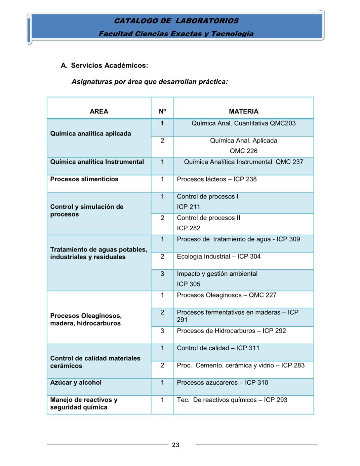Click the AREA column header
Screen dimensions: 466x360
tap(99, 111)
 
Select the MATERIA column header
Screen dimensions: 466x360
tap(243, 111)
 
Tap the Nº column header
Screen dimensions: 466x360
tap(162, 111)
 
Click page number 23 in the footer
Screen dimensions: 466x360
tap(175, 445)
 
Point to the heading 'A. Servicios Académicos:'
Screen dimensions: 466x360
tap(104, 65)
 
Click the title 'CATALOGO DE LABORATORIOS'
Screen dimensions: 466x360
tap(176, 21)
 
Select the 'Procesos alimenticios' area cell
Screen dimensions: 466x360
tap(84, 179)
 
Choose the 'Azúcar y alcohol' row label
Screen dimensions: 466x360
tap(76, 383)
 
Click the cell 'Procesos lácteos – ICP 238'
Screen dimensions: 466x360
tap(216, 179)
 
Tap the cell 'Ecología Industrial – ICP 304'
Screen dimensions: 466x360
tap(218, 257)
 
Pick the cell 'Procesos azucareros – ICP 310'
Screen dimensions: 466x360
tap(223, 383)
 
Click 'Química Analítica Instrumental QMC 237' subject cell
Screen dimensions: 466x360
tap(243, 162)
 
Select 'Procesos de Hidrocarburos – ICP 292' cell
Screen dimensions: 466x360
tap(231, 331)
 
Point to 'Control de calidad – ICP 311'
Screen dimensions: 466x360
tap(218, 348)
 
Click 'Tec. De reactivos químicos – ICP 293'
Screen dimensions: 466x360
tap(232, 400)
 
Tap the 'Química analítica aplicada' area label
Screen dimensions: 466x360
tap(90, 133)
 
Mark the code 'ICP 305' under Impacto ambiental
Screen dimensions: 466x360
tap(189, 284)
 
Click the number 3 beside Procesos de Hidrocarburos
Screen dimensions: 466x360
tap(162, 331)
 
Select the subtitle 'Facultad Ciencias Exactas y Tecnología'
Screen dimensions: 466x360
tap(176, 34)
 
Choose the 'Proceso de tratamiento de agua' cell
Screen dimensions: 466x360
tap(238, 239)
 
